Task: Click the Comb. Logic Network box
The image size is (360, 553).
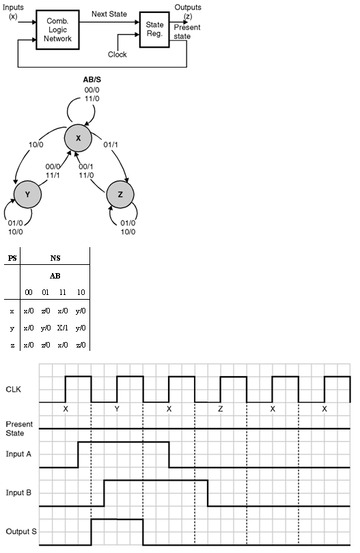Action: [x=57, y=29]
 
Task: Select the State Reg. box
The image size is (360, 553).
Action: [x=154, y=29]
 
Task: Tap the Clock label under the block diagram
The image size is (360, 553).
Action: [x=117, y=55]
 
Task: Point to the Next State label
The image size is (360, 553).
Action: [x=109, y=14]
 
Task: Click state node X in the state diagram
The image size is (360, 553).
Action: [x=78, y=138]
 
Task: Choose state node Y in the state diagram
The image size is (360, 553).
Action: [x=27, y=195]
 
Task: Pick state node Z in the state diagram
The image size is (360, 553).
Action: [x=120, y=195]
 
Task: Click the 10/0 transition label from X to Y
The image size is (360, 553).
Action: [x=36, y=145]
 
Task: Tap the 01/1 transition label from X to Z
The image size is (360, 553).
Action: [x=111, y=145]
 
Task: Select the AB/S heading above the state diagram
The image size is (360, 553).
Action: [x=92, y=80]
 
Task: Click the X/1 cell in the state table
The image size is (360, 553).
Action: [x=62, y=328]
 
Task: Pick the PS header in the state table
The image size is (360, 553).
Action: [x=12, y=258]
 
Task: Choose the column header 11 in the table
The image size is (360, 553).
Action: [x=62, y=292]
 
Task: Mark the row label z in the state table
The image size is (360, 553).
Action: [x=12, y=345]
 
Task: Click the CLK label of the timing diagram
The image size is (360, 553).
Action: [x=14, y=389]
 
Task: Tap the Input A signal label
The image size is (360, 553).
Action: [x=18, y=454]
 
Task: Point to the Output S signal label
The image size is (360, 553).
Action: [x=21, y=531]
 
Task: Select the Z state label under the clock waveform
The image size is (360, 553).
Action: [x=221, y=409]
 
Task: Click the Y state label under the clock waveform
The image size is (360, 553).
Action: [x=117, y=409]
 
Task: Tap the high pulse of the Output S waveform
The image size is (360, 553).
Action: [x=117, y=519]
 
